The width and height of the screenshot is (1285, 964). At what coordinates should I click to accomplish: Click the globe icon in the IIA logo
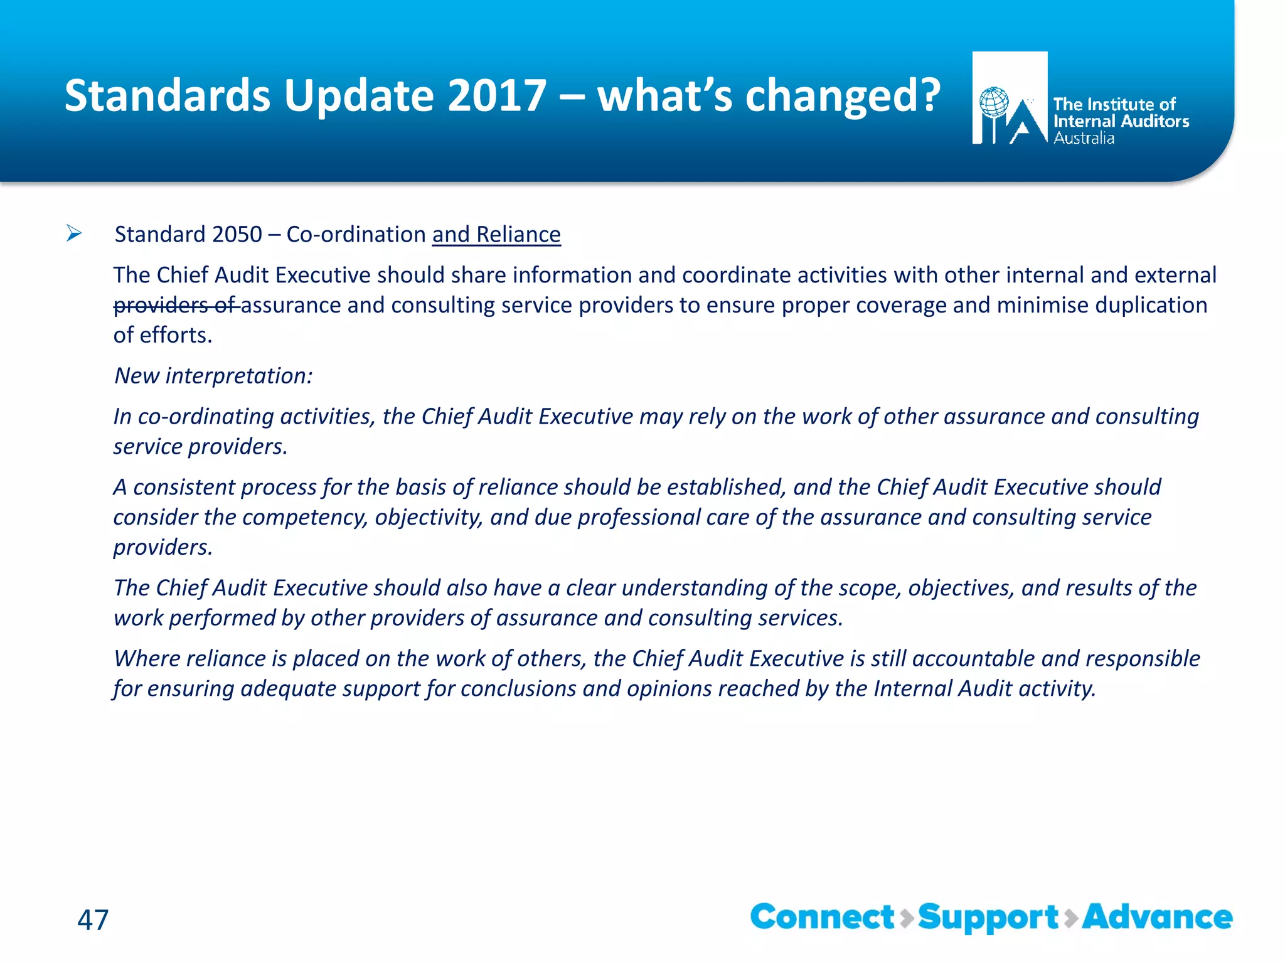(994, 102)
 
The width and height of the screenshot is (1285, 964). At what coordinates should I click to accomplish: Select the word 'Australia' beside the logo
(1084, 139)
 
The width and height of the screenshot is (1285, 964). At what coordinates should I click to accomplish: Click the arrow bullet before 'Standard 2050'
(74, 234)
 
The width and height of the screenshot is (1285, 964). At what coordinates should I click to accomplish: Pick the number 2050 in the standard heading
(237, 235)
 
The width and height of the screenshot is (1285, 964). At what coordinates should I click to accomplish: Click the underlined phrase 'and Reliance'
(496, 235)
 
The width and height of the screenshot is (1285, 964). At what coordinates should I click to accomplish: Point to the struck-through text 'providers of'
(175, 305)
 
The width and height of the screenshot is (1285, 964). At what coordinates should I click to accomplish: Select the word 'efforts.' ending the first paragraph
(176, 335)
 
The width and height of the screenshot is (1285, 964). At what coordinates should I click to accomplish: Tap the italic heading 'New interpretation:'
(213, 376)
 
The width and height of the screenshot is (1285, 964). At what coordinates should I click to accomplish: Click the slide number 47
(93, 920)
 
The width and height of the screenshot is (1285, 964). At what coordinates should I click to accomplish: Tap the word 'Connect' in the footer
(822, 917)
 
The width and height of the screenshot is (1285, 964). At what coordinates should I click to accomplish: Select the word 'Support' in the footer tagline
(988, 918)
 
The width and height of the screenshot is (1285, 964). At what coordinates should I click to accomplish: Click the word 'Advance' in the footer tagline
(1157, 917)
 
